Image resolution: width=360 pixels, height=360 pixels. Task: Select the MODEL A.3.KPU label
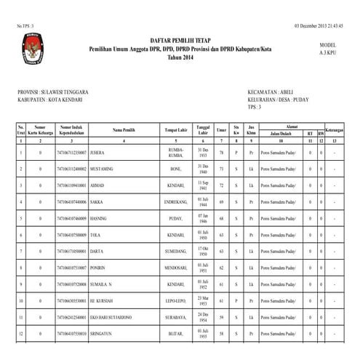pos(328,49)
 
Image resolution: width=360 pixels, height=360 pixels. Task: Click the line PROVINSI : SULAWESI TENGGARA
pos(52,92)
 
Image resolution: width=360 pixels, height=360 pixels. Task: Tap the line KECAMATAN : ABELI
pos(271,92)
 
